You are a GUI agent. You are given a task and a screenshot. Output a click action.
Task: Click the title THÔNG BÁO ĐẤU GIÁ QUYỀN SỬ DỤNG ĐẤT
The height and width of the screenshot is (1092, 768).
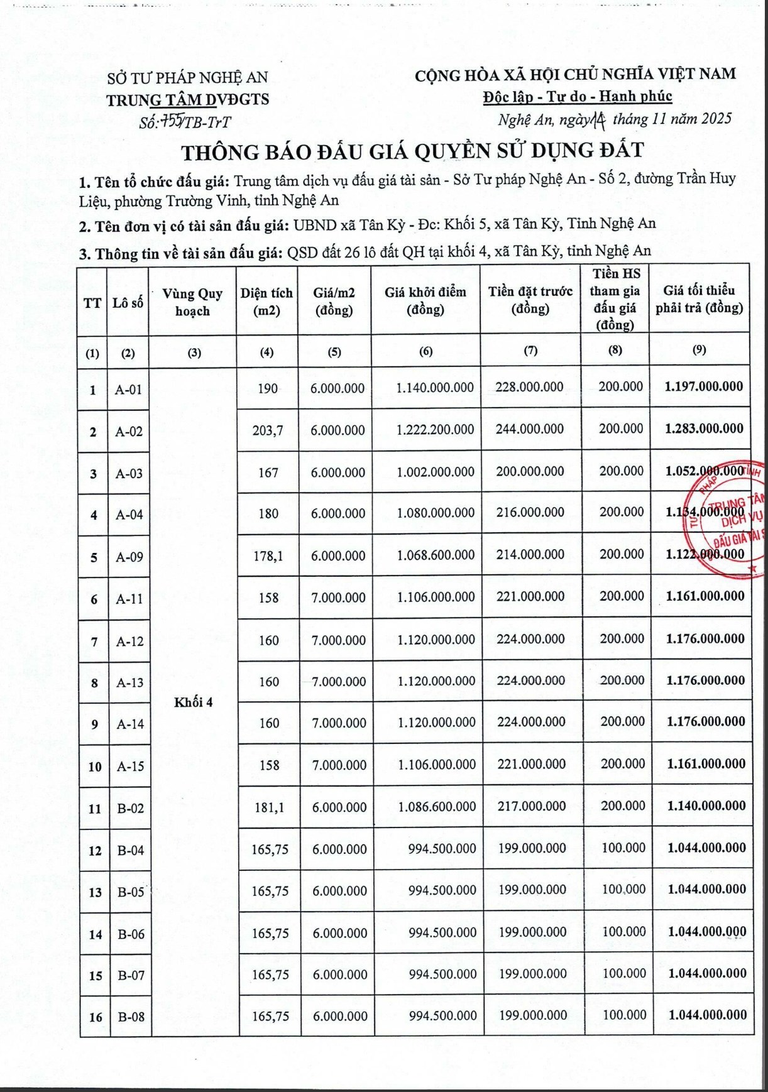coord(412,151)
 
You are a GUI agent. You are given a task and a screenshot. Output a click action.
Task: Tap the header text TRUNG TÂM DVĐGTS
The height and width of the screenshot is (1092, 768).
coord(187,100)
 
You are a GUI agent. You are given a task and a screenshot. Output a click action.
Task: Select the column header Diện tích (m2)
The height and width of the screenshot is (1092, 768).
coord(266,302)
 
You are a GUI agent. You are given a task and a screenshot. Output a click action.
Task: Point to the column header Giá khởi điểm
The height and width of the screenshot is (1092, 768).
coord(425,300)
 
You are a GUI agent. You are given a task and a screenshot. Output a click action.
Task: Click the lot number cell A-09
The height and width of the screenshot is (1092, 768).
coord(129,557)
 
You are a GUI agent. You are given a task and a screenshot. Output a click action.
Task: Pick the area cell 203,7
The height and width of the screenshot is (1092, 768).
coord(268,430)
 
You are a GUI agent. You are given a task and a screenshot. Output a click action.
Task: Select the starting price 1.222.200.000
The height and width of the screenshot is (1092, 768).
coord(435,430)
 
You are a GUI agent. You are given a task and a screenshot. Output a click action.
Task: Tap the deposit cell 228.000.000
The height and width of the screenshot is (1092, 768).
coord(529,387)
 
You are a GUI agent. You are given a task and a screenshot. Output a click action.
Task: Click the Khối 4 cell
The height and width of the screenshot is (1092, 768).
coord(194,702)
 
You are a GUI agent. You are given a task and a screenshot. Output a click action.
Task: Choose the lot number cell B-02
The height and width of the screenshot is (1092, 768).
coord(131,808)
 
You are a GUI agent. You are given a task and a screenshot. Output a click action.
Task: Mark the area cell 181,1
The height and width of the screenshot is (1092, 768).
coord(269,807)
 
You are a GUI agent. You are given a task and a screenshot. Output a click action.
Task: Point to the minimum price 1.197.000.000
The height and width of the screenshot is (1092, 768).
coord(703,386)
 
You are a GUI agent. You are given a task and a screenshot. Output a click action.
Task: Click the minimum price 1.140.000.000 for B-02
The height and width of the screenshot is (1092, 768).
coord(706,805)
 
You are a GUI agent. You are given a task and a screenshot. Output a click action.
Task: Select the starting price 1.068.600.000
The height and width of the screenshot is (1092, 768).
coord(436,555)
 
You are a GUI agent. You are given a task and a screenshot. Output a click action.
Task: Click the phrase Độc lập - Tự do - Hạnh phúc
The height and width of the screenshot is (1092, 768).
coord(577,97)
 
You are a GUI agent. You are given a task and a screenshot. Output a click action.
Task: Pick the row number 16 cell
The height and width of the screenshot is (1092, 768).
coord(96,1017)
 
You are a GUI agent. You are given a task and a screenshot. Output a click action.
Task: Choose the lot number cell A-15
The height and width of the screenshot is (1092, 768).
coord(130,766)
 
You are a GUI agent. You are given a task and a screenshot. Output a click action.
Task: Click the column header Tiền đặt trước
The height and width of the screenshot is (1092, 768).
coord(530,300)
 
